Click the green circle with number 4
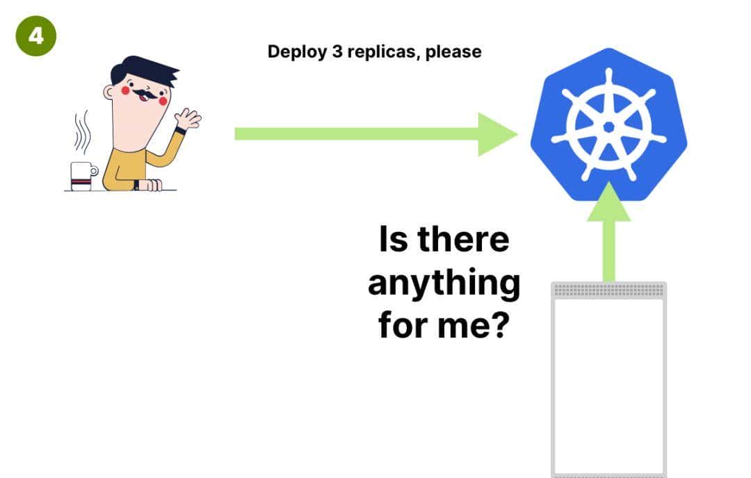click(35, 35)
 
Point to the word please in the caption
click(453, 52)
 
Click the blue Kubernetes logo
click(608, 125)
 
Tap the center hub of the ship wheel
click(608, 126)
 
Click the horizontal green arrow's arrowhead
click(496, 134)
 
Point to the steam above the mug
click(82, 132)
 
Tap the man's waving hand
click(187, 119)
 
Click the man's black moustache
click(147, 93)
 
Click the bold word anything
click(444, 283)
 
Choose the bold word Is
click(391, 240)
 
